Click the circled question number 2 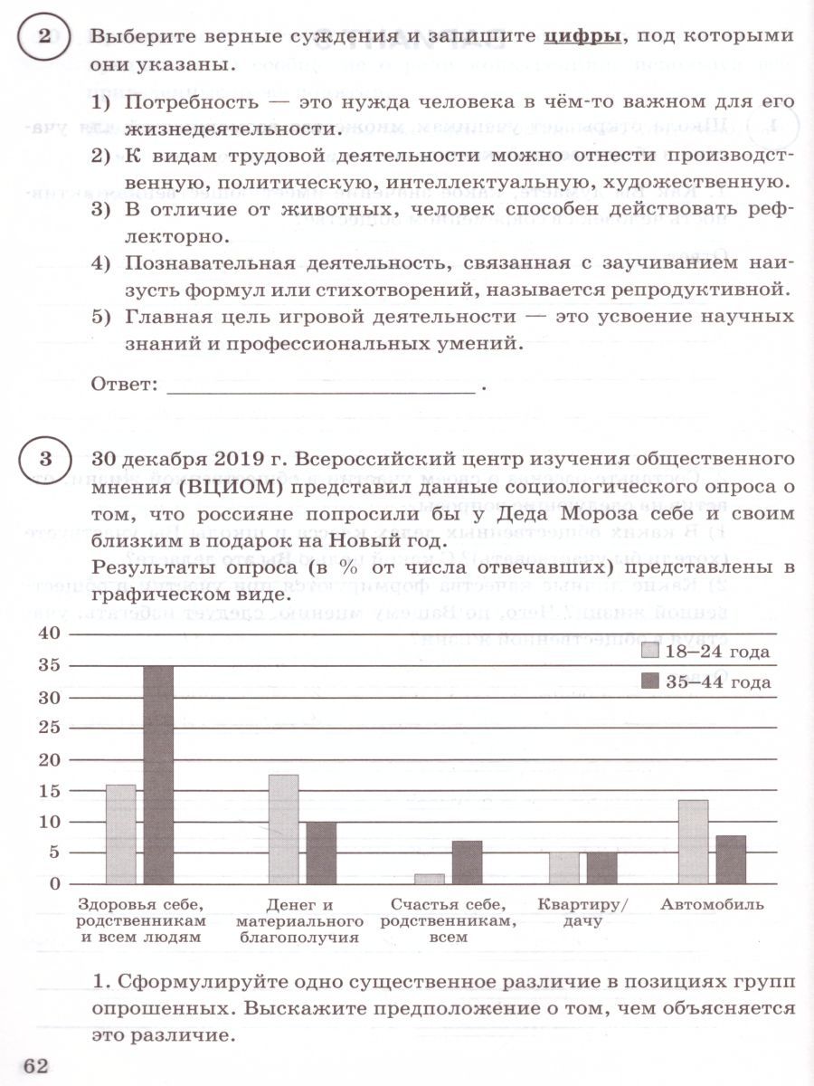click(44, 37)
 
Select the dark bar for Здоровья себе click(158, 775)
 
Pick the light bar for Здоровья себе click(121, 834)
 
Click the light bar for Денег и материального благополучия click(283, 829)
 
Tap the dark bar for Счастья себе click(467, 862)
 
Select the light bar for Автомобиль click(693, 842)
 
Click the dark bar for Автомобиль click(731, 860)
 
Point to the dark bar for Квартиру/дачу click(601, 868)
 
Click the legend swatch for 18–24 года click(650, 652)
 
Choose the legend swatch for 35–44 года click(650, 681)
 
